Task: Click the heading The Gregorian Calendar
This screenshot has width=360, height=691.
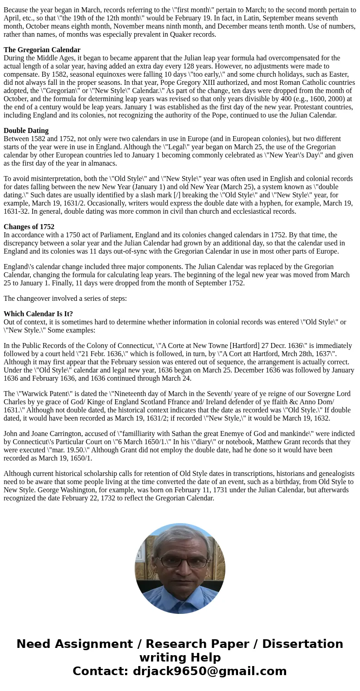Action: (x=42, y=50)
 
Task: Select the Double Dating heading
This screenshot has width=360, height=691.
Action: (x=26, y=131)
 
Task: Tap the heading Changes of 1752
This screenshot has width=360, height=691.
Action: (x=29, y=227)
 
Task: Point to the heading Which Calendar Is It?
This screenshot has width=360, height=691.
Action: (x=38, y=314)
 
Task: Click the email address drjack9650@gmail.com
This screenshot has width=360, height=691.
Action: (x=209, y=671)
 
